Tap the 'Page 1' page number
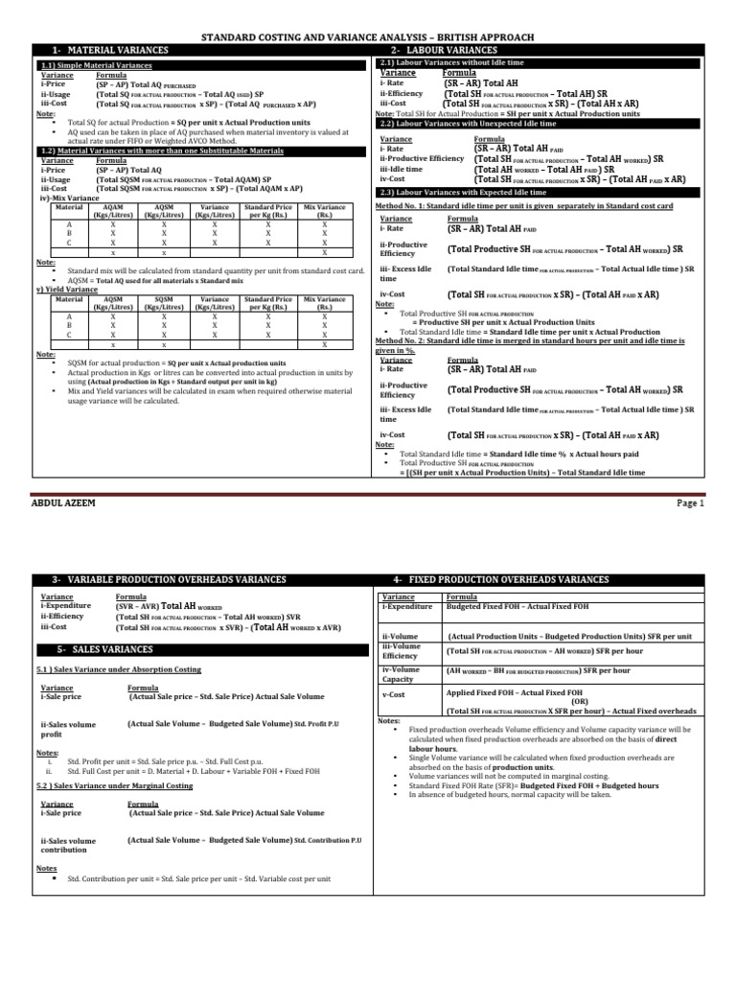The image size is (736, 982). click(689, 503)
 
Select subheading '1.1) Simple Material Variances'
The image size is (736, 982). click(95, 65)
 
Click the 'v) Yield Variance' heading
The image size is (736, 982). click(66, 289)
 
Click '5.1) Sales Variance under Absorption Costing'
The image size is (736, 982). click(120, 669)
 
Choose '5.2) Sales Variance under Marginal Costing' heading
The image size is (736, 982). click(115, 785)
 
